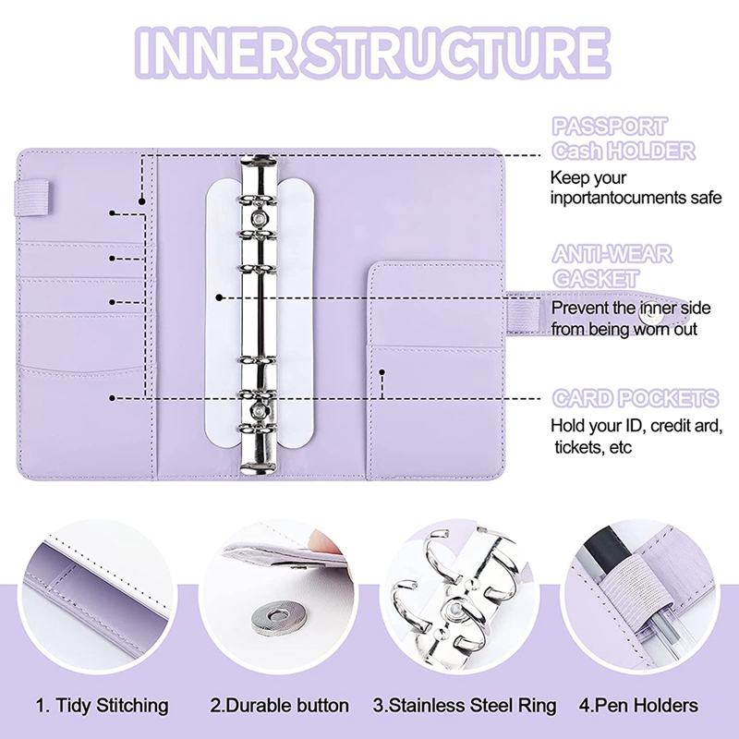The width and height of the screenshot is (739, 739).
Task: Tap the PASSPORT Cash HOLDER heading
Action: pos(623,138)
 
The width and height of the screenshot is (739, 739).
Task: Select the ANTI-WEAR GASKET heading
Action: pos(612,265)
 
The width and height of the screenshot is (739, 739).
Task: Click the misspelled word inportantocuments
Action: pos(635,199)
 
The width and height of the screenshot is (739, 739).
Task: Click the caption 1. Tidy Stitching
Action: pos(103,706)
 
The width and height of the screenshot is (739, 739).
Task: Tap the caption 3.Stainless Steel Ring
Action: pos(465,706)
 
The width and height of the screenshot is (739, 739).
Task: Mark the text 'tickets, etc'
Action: pos(600,448)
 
